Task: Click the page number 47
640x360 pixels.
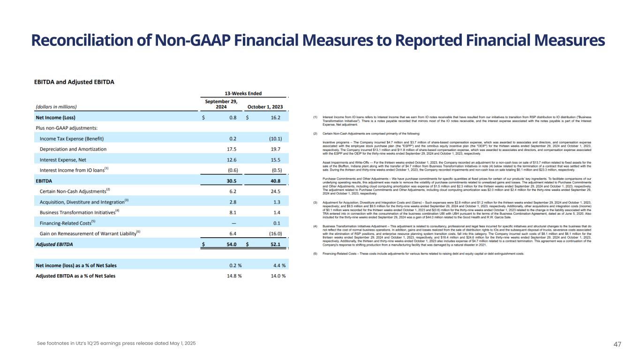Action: pos(617,344)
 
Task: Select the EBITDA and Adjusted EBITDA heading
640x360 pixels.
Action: pos(74,82)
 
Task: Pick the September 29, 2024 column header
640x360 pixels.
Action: pos(221,104)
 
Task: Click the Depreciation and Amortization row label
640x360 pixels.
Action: pos(73,149)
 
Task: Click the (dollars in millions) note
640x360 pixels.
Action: pos(56,106)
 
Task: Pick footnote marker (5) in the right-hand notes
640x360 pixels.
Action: pos(316,254)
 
